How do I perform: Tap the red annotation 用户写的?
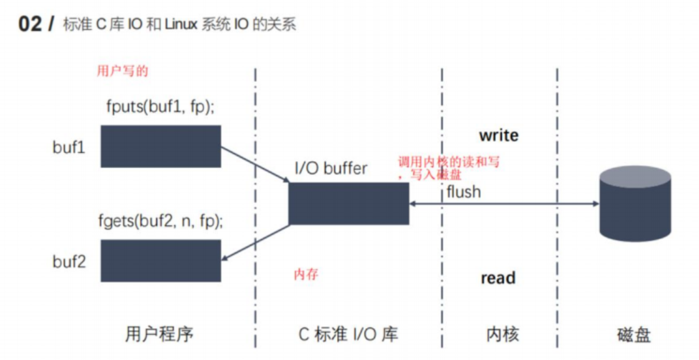pos(123,71)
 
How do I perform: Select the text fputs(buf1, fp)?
pos(161,106)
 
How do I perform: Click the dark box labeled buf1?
pos(161,146)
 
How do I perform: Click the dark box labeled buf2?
pos(161,260)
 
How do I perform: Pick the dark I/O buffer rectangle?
pos(348,204)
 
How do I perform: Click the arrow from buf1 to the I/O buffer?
pos(255,164)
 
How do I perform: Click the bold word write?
pos(498,135)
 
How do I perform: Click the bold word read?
pos(498,278)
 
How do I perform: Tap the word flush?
pos(463,191)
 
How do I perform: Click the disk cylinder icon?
pos(635,205)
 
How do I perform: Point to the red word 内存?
pos(306,275)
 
